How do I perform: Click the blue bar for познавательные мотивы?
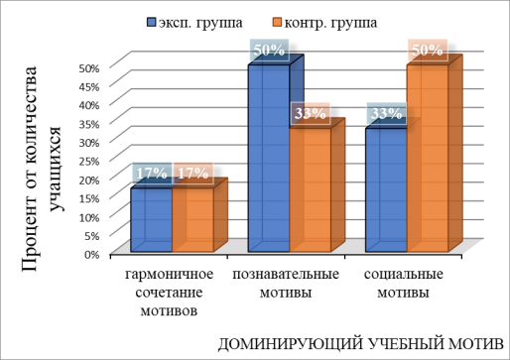click(268, 159)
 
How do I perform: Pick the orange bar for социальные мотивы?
click(427, 159)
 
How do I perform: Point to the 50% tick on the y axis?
click(89, 67)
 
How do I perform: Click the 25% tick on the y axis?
click(89, 160)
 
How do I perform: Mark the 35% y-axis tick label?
click(89, 123)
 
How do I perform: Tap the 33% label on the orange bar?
click(311, 113)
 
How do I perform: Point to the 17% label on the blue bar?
click(152, 173)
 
